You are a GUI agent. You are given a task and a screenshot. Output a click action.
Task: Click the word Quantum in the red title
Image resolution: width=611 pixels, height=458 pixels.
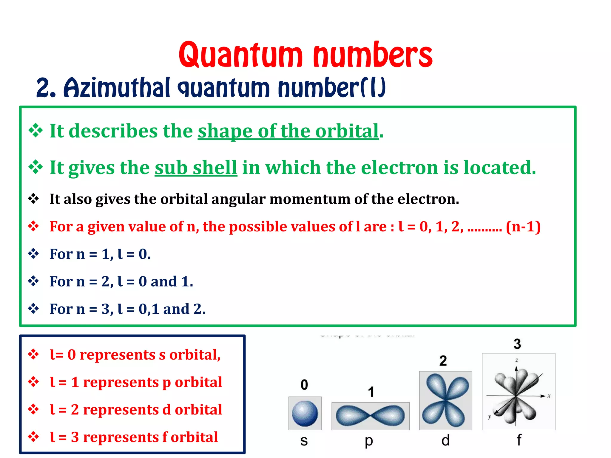click(x=240, y=55)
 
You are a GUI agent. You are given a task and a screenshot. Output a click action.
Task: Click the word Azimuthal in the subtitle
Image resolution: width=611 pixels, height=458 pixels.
click(x=117, y=88)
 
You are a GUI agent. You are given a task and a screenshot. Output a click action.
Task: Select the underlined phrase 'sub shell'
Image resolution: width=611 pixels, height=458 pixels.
click(x=196, y=168)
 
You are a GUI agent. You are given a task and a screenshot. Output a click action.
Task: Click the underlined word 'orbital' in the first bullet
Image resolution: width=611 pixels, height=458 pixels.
click(x=347, y=131)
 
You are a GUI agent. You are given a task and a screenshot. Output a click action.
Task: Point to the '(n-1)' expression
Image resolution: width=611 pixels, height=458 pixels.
click(x=523, y=227)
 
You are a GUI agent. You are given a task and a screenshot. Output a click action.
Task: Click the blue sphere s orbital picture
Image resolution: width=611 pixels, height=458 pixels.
click(x=305, y=413)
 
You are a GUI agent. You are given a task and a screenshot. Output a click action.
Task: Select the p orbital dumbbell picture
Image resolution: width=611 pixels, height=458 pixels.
click(x=370, y=416)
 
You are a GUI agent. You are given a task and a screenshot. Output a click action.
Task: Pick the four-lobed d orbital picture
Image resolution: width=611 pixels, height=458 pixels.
click(x=445, y=400)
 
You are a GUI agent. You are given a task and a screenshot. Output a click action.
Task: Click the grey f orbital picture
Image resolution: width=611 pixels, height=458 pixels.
click(x=519, y=392)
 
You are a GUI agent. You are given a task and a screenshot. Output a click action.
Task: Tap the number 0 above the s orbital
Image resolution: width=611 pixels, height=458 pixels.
click(x=304, y=385)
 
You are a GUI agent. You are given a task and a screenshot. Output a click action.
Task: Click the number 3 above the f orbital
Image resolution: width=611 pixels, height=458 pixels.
click(x=517, y=344)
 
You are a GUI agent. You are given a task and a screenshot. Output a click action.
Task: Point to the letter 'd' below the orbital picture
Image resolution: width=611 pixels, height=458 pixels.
click(x=445, y=440)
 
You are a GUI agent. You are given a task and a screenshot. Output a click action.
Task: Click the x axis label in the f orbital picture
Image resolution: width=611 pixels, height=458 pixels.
click(x=549, y=396)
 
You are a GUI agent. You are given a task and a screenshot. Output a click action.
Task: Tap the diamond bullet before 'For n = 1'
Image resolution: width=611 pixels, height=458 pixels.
click(x=33, y=254)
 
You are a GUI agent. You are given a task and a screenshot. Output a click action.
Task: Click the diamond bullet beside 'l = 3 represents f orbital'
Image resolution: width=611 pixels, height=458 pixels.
click(x=33, y=437)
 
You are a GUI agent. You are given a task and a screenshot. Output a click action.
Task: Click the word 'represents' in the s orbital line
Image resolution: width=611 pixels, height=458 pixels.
click(x=118, y=355)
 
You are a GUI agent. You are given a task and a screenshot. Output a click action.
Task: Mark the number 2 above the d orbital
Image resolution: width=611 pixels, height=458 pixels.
click(x=443, y=361)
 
